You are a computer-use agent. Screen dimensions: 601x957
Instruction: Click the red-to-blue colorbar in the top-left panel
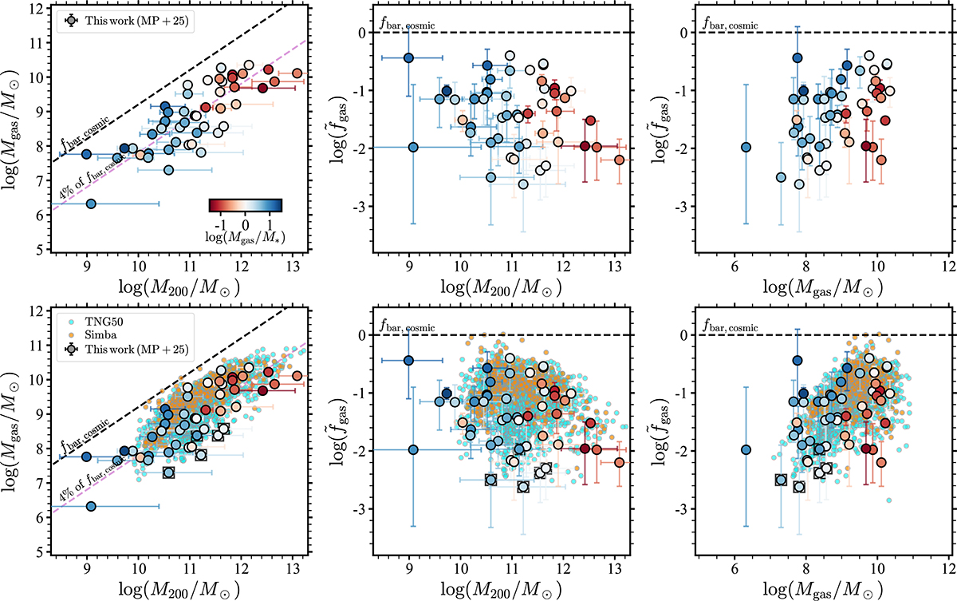[x=246, y=205]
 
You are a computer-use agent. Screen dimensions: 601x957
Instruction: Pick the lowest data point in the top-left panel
[x=91, y=204]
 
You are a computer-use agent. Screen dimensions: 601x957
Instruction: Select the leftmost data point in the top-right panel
[x=746, y=147]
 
